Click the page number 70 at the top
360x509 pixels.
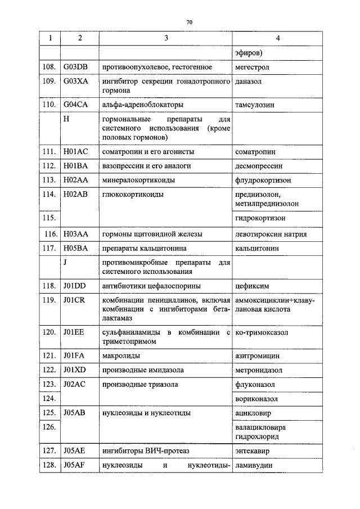click(x=189, y=22)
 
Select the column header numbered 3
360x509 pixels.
click(x=165, y=38)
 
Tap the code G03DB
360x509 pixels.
click(x=76, y=67)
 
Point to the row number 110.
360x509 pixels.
click(x=49, y=104)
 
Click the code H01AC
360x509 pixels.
click(x=76, y=152)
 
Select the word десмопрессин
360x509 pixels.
click(x=259, y=166)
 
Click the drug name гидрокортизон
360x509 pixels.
click(x=260, y=218)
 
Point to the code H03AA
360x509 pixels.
click(x=76, y=233)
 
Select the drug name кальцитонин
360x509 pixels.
click(x=256, y=247)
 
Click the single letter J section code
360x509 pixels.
click(x=66, y=262)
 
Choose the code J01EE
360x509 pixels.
click(x=74, y=332)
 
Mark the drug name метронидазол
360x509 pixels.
click(x=259, y=370)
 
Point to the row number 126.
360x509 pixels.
click(x=49, y=427)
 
